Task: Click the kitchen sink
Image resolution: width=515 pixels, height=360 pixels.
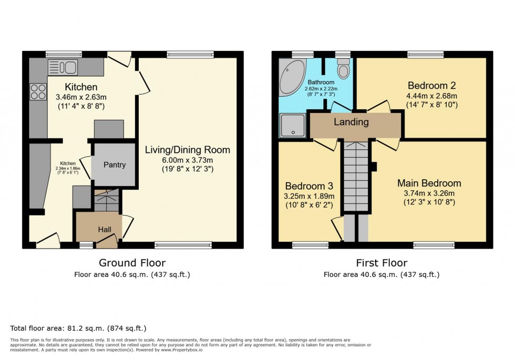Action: (x=63, y=67)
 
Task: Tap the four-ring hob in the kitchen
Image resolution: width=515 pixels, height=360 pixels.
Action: (x=38, y=92)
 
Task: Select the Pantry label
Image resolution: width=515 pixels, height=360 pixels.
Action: (x=114, y=164)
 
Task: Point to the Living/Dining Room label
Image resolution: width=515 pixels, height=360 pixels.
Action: (x=187, y=150)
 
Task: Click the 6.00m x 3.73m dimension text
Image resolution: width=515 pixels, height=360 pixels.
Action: (x=187, y=159)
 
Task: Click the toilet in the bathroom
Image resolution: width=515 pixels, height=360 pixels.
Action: (x=344, y=69)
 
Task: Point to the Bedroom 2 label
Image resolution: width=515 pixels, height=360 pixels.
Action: (x=431, y=86)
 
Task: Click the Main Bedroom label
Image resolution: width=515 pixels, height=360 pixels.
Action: (x=429, y=183)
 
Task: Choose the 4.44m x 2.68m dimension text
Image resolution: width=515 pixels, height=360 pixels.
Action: (x=431, y=96)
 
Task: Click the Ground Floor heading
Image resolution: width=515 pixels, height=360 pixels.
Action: (x=132, y=263)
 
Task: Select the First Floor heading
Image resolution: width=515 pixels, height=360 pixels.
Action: (x=381, y=263)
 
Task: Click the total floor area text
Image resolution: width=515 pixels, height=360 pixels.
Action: (x=78, y=328)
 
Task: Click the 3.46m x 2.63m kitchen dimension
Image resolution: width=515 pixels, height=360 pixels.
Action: (x=81, y=97)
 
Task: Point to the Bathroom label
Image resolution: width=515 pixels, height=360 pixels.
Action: (x=321, y=83)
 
